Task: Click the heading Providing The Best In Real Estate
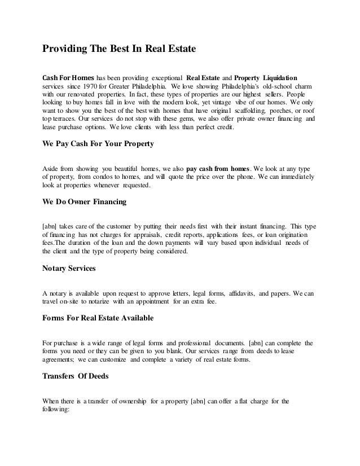(119, 49)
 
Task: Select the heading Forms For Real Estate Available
(98, 318)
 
